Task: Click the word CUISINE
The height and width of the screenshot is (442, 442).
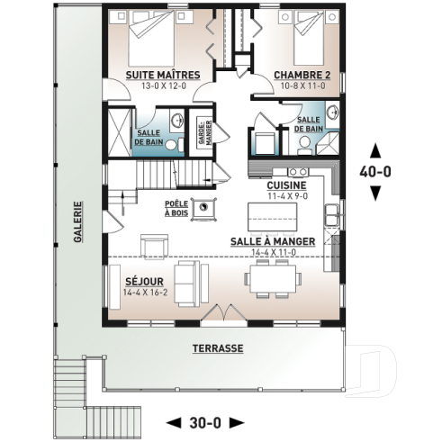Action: pos(287,185)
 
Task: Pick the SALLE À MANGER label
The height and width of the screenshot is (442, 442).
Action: pos(273,241)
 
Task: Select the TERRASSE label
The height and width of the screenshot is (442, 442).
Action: pos(217,347)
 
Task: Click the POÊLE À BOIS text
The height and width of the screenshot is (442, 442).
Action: pos(176,207)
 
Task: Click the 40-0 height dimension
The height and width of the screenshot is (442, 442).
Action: pos(375,169)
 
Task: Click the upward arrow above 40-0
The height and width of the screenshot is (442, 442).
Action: pos(375,149)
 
